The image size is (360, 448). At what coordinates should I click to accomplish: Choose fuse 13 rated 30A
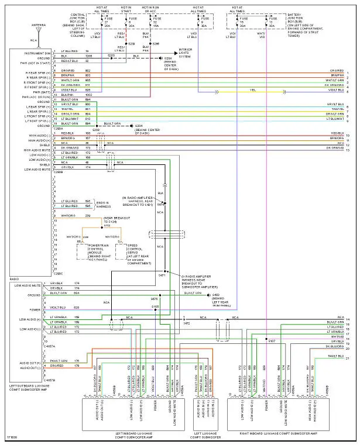coord(271,22)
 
